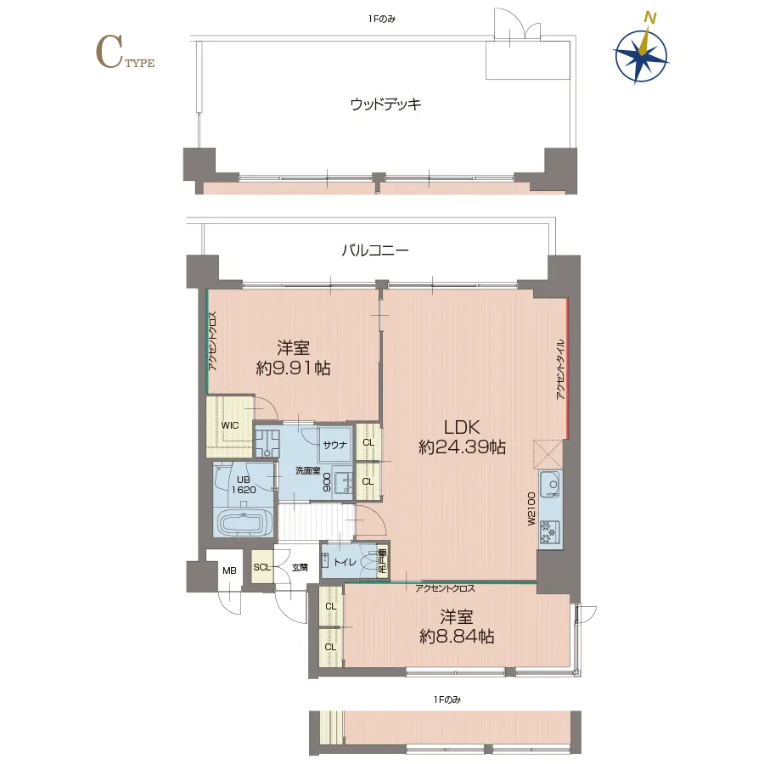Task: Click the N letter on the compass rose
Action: click(650, 17)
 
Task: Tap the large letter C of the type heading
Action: click(108, 53)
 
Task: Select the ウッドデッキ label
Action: click(385, 104)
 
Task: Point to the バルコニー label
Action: click(375, 251)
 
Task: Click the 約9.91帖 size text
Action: click(293, 368)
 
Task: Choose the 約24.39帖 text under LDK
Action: click(463, 447)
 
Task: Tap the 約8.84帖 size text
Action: click(457, 637)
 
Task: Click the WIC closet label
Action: click(230, 424)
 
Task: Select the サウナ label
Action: click(332, 444)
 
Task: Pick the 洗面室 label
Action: click(307, 470)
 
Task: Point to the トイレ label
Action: click(345, 562)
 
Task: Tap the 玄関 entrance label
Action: click(301, 567)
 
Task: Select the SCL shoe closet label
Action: click(261, 567)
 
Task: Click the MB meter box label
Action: click(228, 570)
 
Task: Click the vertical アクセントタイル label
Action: click(559, 369)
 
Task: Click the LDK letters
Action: click(462, 426)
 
